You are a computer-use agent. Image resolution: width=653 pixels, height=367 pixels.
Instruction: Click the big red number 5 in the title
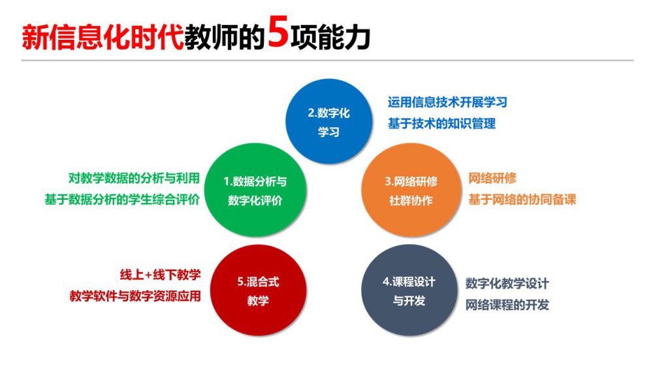[x=278, y=32]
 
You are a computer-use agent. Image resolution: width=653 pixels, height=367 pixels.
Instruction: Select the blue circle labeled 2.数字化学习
[x=328, y=121]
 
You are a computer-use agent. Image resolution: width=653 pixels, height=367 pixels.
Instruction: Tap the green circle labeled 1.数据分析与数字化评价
[x=255, y=190]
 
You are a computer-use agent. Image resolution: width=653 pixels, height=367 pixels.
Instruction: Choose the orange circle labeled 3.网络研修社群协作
[x=411, y=190]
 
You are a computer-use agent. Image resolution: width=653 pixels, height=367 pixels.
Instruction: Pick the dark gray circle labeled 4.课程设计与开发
[x=409, y=291]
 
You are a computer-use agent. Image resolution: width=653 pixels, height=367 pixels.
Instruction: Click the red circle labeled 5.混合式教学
[x=258, y=291]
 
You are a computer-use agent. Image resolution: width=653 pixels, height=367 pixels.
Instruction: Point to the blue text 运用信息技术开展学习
[x=447, y=102]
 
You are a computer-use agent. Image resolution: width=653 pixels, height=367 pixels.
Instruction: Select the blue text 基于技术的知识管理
[x=441, y=123]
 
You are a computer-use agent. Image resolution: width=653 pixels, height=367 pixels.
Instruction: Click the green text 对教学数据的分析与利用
[x=134, y=178]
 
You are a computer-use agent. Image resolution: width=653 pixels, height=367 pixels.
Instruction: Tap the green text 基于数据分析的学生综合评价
[x=122, y=200]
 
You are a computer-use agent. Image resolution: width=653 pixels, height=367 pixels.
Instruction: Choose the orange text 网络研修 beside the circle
[x=492, y=178]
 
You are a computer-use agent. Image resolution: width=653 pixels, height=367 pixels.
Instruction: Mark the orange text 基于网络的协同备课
[x=522, y=200]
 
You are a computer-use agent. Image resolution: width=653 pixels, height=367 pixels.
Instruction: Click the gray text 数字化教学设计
[x=507, y=283]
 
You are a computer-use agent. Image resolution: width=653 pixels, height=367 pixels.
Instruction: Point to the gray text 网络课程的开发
[x=507, y=305]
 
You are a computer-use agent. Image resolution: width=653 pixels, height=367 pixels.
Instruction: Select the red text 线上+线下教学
[x=161, y=275]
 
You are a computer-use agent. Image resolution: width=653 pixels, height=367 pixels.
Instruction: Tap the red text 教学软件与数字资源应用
[x=135, y=296]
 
